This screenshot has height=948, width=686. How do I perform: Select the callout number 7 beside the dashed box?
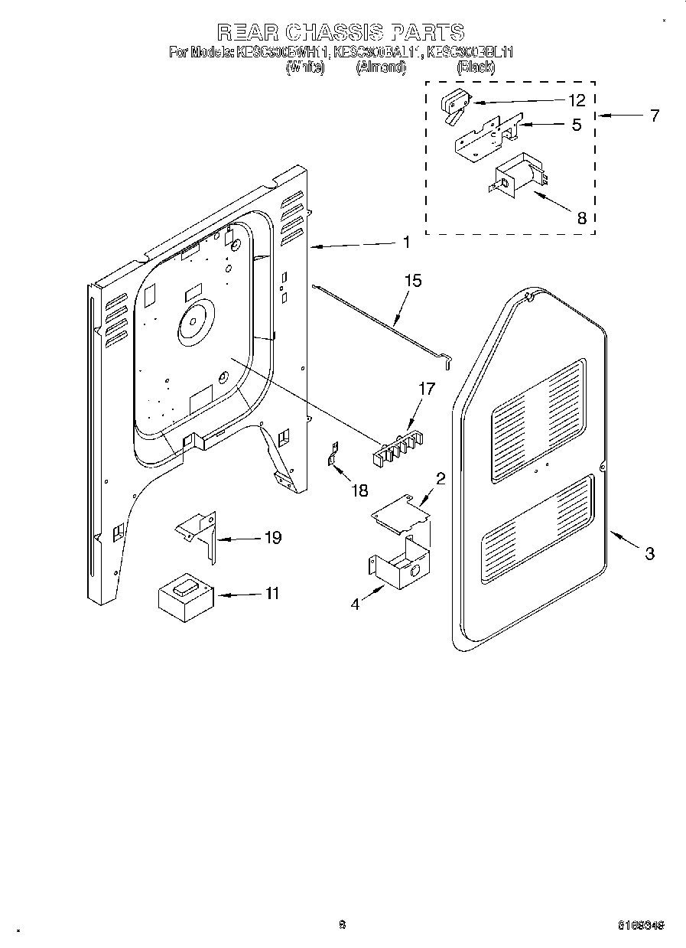[x=654, y=116]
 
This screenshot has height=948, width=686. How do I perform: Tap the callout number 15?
[x=412, y=281]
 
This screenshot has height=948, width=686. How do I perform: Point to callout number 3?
[x=649, y=554]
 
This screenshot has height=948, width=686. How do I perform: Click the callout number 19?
[x=271, y=538]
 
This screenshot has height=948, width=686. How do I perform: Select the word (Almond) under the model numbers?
[x=380, y=67]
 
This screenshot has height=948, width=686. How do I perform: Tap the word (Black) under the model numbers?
[x=475, y=67]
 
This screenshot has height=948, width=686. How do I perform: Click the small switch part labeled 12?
[x=455, y=105]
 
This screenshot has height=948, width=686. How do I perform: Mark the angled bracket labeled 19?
[x=199, y=533]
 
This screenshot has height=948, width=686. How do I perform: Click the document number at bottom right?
[x=640, y=925]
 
